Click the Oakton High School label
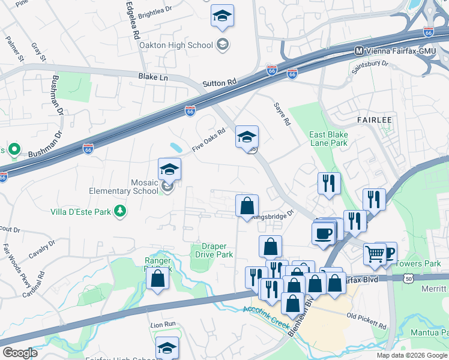pyautogui.click(x=176, y=45)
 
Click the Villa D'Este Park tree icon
pyautogui.click(x=121, y=211)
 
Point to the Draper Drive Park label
pyautogui.click(x=214, y=250)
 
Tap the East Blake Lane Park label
pyautogui.click(x=328, y=139)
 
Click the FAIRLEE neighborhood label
pyautogui.click(x=375, y=120)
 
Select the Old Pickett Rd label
pyautogui.click(x=367, y=321)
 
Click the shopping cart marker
pyautogui.click(x=375, y=254)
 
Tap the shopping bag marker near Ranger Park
pyautogui.click(x=157, y=279)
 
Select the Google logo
pyautogui.click(x=20, y=353)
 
